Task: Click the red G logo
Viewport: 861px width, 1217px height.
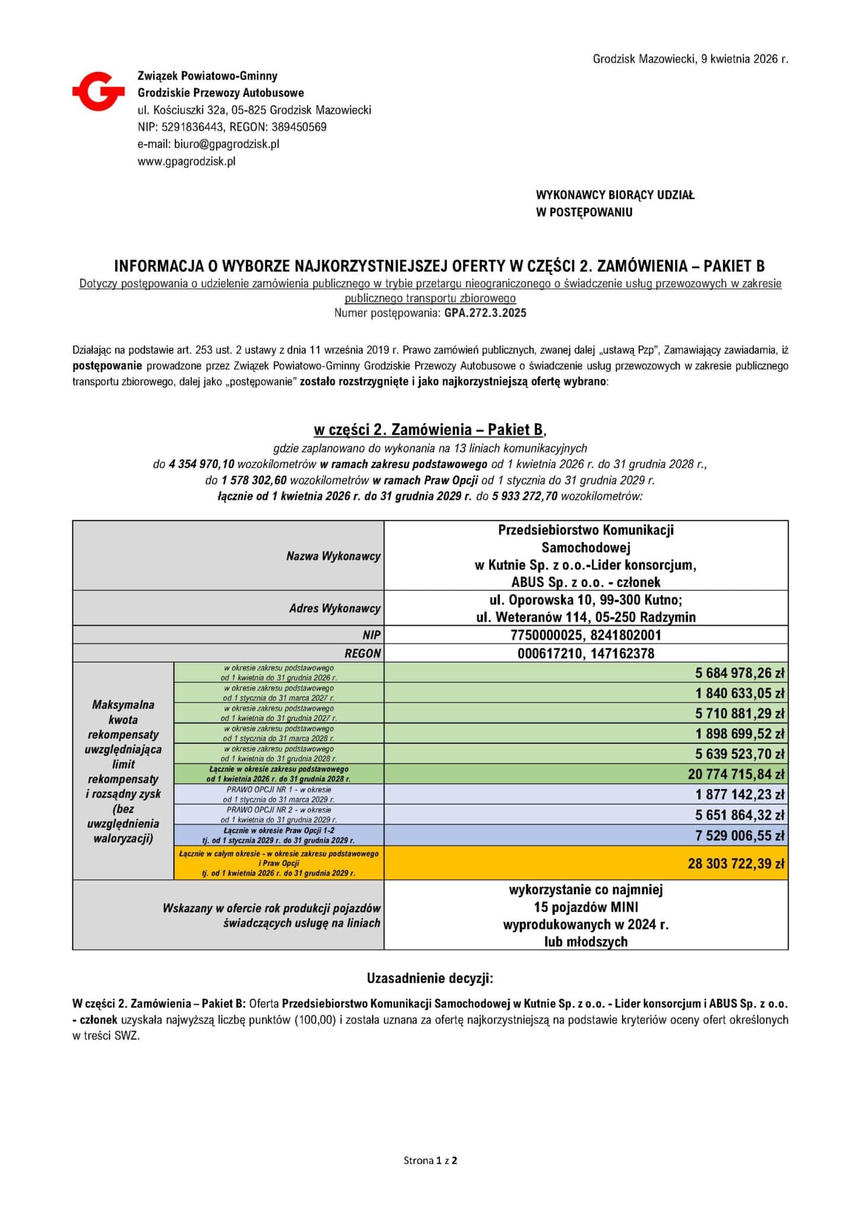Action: click(x=99, y=91)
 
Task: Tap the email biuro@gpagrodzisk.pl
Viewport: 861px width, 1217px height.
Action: click(x=226, y=144)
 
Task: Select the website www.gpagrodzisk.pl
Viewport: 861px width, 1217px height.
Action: click(x=187, y=161)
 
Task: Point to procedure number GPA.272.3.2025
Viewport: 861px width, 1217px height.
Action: click(x=485, y=313)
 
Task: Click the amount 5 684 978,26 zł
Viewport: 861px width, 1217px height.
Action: click(x=740, y=673)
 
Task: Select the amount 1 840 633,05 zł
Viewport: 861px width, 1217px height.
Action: click(x=740, y=693)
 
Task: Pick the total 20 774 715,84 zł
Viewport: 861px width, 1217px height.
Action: click(x=736, y=774)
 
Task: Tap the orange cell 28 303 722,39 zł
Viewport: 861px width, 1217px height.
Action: click(x=736, y=863)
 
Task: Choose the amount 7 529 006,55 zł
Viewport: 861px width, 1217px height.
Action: click(x=740, y=836)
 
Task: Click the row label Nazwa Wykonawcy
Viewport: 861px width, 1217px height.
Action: click(x=333, y=556)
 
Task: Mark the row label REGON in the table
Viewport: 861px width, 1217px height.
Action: click(x=362, y=654)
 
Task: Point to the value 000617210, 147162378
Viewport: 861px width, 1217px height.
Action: click(x=585, y=654)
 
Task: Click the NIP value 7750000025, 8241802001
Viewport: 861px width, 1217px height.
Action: click(x=585, y=635)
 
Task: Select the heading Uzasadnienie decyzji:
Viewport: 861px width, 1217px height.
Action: click(x=430, y=978)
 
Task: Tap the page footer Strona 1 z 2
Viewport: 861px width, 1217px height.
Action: click(x=430, y=1160)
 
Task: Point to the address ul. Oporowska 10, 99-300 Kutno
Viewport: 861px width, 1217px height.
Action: click(x=585, y=600)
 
